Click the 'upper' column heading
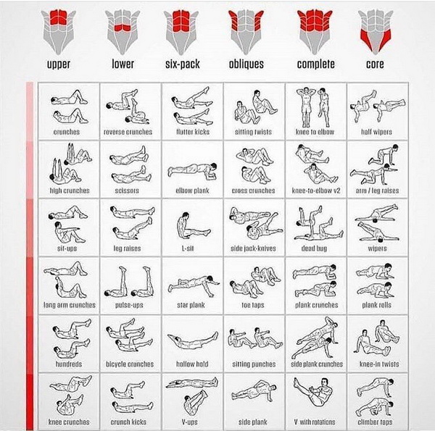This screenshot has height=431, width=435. [58, 64]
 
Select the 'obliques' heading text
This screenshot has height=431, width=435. [246, 64]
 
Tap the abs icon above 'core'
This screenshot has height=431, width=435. [376, 32]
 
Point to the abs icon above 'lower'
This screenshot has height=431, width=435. [123, 32]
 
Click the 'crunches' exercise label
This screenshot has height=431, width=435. [67, 132]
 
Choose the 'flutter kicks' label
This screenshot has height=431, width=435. [193, 132]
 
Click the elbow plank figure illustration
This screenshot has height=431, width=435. [193, 170]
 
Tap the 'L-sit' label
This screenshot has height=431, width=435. [188, 248]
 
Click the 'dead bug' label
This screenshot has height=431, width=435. [314, 248]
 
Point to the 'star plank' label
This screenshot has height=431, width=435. [191, 305]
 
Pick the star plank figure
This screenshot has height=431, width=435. [194, 284]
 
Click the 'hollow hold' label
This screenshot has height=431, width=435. [192, 364]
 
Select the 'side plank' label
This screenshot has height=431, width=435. [253, 422]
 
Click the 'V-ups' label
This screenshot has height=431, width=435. [190, 422]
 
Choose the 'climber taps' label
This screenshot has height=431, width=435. [375, 422]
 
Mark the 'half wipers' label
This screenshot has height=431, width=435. [376, 132]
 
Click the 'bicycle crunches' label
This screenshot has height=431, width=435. [130, 364]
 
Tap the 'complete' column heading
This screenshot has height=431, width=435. [315, 64]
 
